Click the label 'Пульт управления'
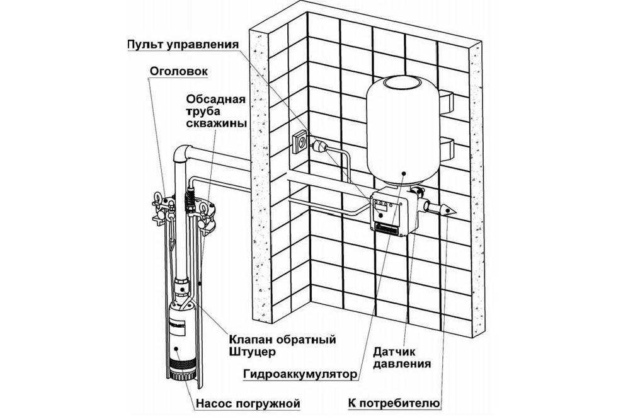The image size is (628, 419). [183, 45]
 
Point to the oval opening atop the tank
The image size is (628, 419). [401, 81]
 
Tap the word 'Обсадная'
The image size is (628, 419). [212, 98]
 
